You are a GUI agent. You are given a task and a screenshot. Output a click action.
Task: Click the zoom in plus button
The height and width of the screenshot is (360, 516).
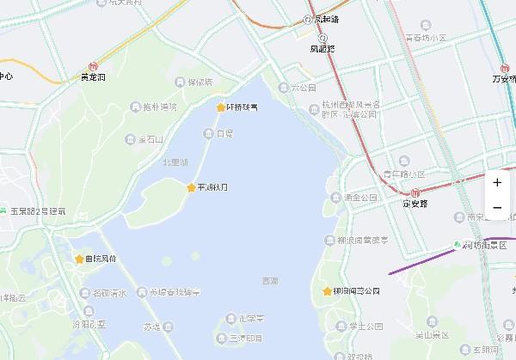point(497,182)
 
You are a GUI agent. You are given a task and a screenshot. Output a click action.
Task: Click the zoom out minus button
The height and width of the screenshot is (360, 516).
point(497,207)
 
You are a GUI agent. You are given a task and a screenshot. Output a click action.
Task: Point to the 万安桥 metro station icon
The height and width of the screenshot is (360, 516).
point(505,68)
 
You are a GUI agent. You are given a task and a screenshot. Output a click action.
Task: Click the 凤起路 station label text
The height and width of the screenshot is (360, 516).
point(324,49)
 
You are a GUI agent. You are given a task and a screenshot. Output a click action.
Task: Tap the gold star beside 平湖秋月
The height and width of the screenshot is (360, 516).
point(191,187)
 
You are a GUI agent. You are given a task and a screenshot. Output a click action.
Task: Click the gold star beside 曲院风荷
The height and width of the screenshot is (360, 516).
point(80,259)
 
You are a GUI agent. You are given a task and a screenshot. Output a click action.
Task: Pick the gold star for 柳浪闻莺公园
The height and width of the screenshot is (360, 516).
point(327,291)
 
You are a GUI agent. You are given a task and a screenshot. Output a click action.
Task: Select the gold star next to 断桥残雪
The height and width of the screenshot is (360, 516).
point(220,107)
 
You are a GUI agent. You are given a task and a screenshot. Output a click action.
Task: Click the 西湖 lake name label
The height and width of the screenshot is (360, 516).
point(270,281)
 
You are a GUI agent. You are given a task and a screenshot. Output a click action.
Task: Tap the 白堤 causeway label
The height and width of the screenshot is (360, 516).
point(224,134)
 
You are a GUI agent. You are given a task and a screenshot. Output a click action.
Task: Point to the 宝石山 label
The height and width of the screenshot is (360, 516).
point(150,138)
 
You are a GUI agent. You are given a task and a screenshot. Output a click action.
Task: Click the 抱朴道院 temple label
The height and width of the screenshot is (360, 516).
point(160,107)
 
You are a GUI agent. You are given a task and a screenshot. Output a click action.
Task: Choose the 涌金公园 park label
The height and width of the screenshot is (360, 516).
point(361,198)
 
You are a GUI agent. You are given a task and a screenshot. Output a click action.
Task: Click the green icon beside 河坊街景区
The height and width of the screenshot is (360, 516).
point(457,245)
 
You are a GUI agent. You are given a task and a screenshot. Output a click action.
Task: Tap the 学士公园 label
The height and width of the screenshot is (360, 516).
point(365,326)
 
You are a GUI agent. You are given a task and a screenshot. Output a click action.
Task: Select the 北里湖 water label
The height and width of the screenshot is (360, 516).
point(175,162)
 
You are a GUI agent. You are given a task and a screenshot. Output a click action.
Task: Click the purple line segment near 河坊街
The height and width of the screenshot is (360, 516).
point(413,263)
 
